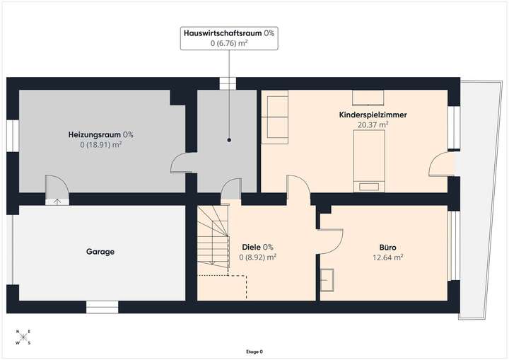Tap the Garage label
tap(100, 251)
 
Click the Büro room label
tap(387, 248)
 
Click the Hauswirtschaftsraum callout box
tap(228, 38)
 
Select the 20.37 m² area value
tap(373, 124)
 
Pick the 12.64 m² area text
tap(387, 257)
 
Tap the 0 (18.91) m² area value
tap(100, 145)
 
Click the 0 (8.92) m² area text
tap(257, 257)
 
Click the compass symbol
tap(23, 338)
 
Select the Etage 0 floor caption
tap(254, 352)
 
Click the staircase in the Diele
tap(213, 240)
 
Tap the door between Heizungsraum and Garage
tap(56, 190)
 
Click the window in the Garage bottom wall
tap(103, 306)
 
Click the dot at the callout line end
tap(228, 140)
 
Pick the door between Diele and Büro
tap(331, 240)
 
